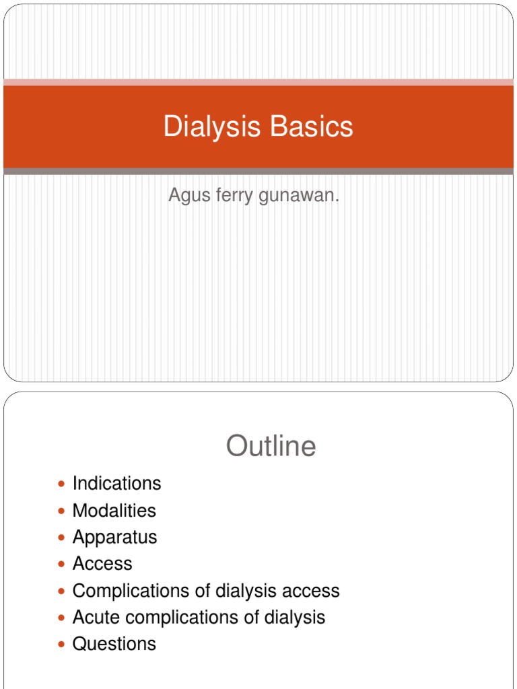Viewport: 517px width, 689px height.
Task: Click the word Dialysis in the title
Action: click(x=205, y=126)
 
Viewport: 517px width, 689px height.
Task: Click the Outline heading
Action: click(x=271, y=445)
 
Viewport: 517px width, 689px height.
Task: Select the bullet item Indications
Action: click(x=116, y=483)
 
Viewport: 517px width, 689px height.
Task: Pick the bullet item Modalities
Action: click(x=114, y=510)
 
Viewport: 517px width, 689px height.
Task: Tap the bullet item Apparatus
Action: click(x=114, y=537)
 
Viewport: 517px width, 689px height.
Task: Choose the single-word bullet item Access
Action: click(x=102, y=564)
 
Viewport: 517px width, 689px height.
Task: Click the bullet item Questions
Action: click(x=114, y=644)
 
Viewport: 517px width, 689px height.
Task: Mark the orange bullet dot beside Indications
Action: click(x=62, y=484)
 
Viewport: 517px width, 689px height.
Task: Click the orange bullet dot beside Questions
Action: click(x=62, y=645)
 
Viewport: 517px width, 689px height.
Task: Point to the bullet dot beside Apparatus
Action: click(x=62, y=538)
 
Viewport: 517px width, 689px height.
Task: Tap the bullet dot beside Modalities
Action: click(x=62, y=511)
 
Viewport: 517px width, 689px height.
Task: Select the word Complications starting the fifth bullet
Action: click(x=127, y=591)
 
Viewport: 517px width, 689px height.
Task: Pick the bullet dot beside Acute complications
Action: click(x=62, y=618)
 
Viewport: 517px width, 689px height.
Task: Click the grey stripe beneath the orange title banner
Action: click(x=258, y=172)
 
